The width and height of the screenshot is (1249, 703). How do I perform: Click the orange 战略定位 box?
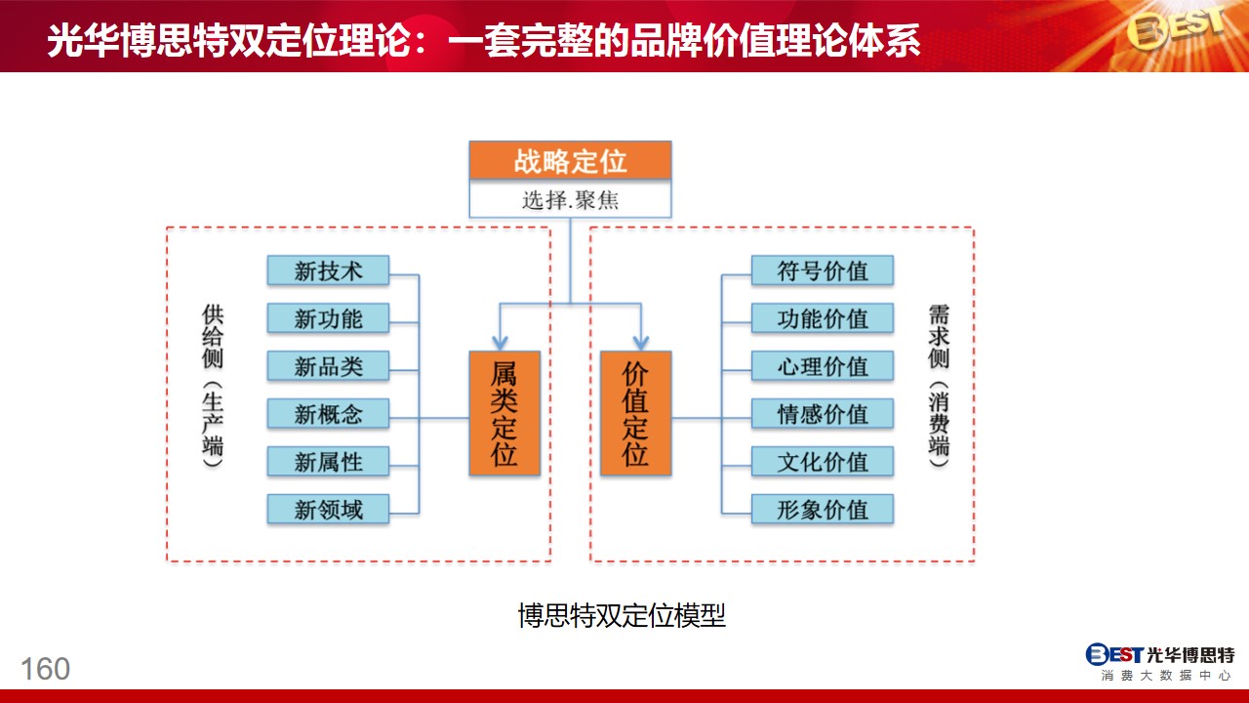click(x=570, y=160)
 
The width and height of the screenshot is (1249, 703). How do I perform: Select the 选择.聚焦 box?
click(x=570, y=198)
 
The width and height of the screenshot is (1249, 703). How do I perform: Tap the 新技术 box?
click(x=328, y=270)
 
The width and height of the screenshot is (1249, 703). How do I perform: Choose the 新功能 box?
click(x=328, y=318)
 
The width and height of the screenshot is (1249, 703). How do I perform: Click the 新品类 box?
click(x=328, y=366)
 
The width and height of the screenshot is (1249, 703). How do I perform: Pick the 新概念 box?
click(x=328, y=413)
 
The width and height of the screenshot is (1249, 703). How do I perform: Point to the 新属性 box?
click(x=328, y=462)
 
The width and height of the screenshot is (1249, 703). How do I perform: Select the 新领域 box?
click(x=328, y=509)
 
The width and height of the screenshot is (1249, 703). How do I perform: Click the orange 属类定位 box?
click(x=504, y=413)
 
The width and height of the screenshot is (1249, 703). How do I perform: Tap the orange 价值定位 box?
click(x=635, y=413)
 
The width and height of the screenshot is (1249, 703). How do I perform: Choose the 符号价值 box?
click(x=823, y=270)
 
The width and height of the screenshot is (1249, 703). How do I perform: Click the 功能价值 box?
click(x=823, y=318)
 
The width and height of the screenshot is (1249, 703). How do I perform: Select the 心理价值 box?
click(x=823, y=366)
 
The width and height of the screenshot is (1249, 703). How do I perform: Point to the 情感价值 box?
click(x=823, y=413)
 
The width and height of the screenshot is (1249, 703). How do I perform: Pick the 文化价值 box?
click(x=823, y=462)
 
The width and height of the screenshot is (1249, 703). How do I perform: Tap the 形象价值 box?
click(x=823, y=509)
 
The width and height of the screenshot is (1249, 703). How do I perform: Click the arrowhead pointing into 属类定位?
click(x=501, y=343)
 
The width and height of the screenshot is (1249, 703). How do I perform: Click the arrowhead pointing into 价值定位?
click(x=641, y=343)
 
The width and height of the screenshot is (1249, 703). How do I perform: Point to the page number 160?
click(x=45, y=669)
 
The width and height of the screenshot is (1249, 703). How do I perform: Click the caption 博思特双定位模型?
click(x=622, y=615)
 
